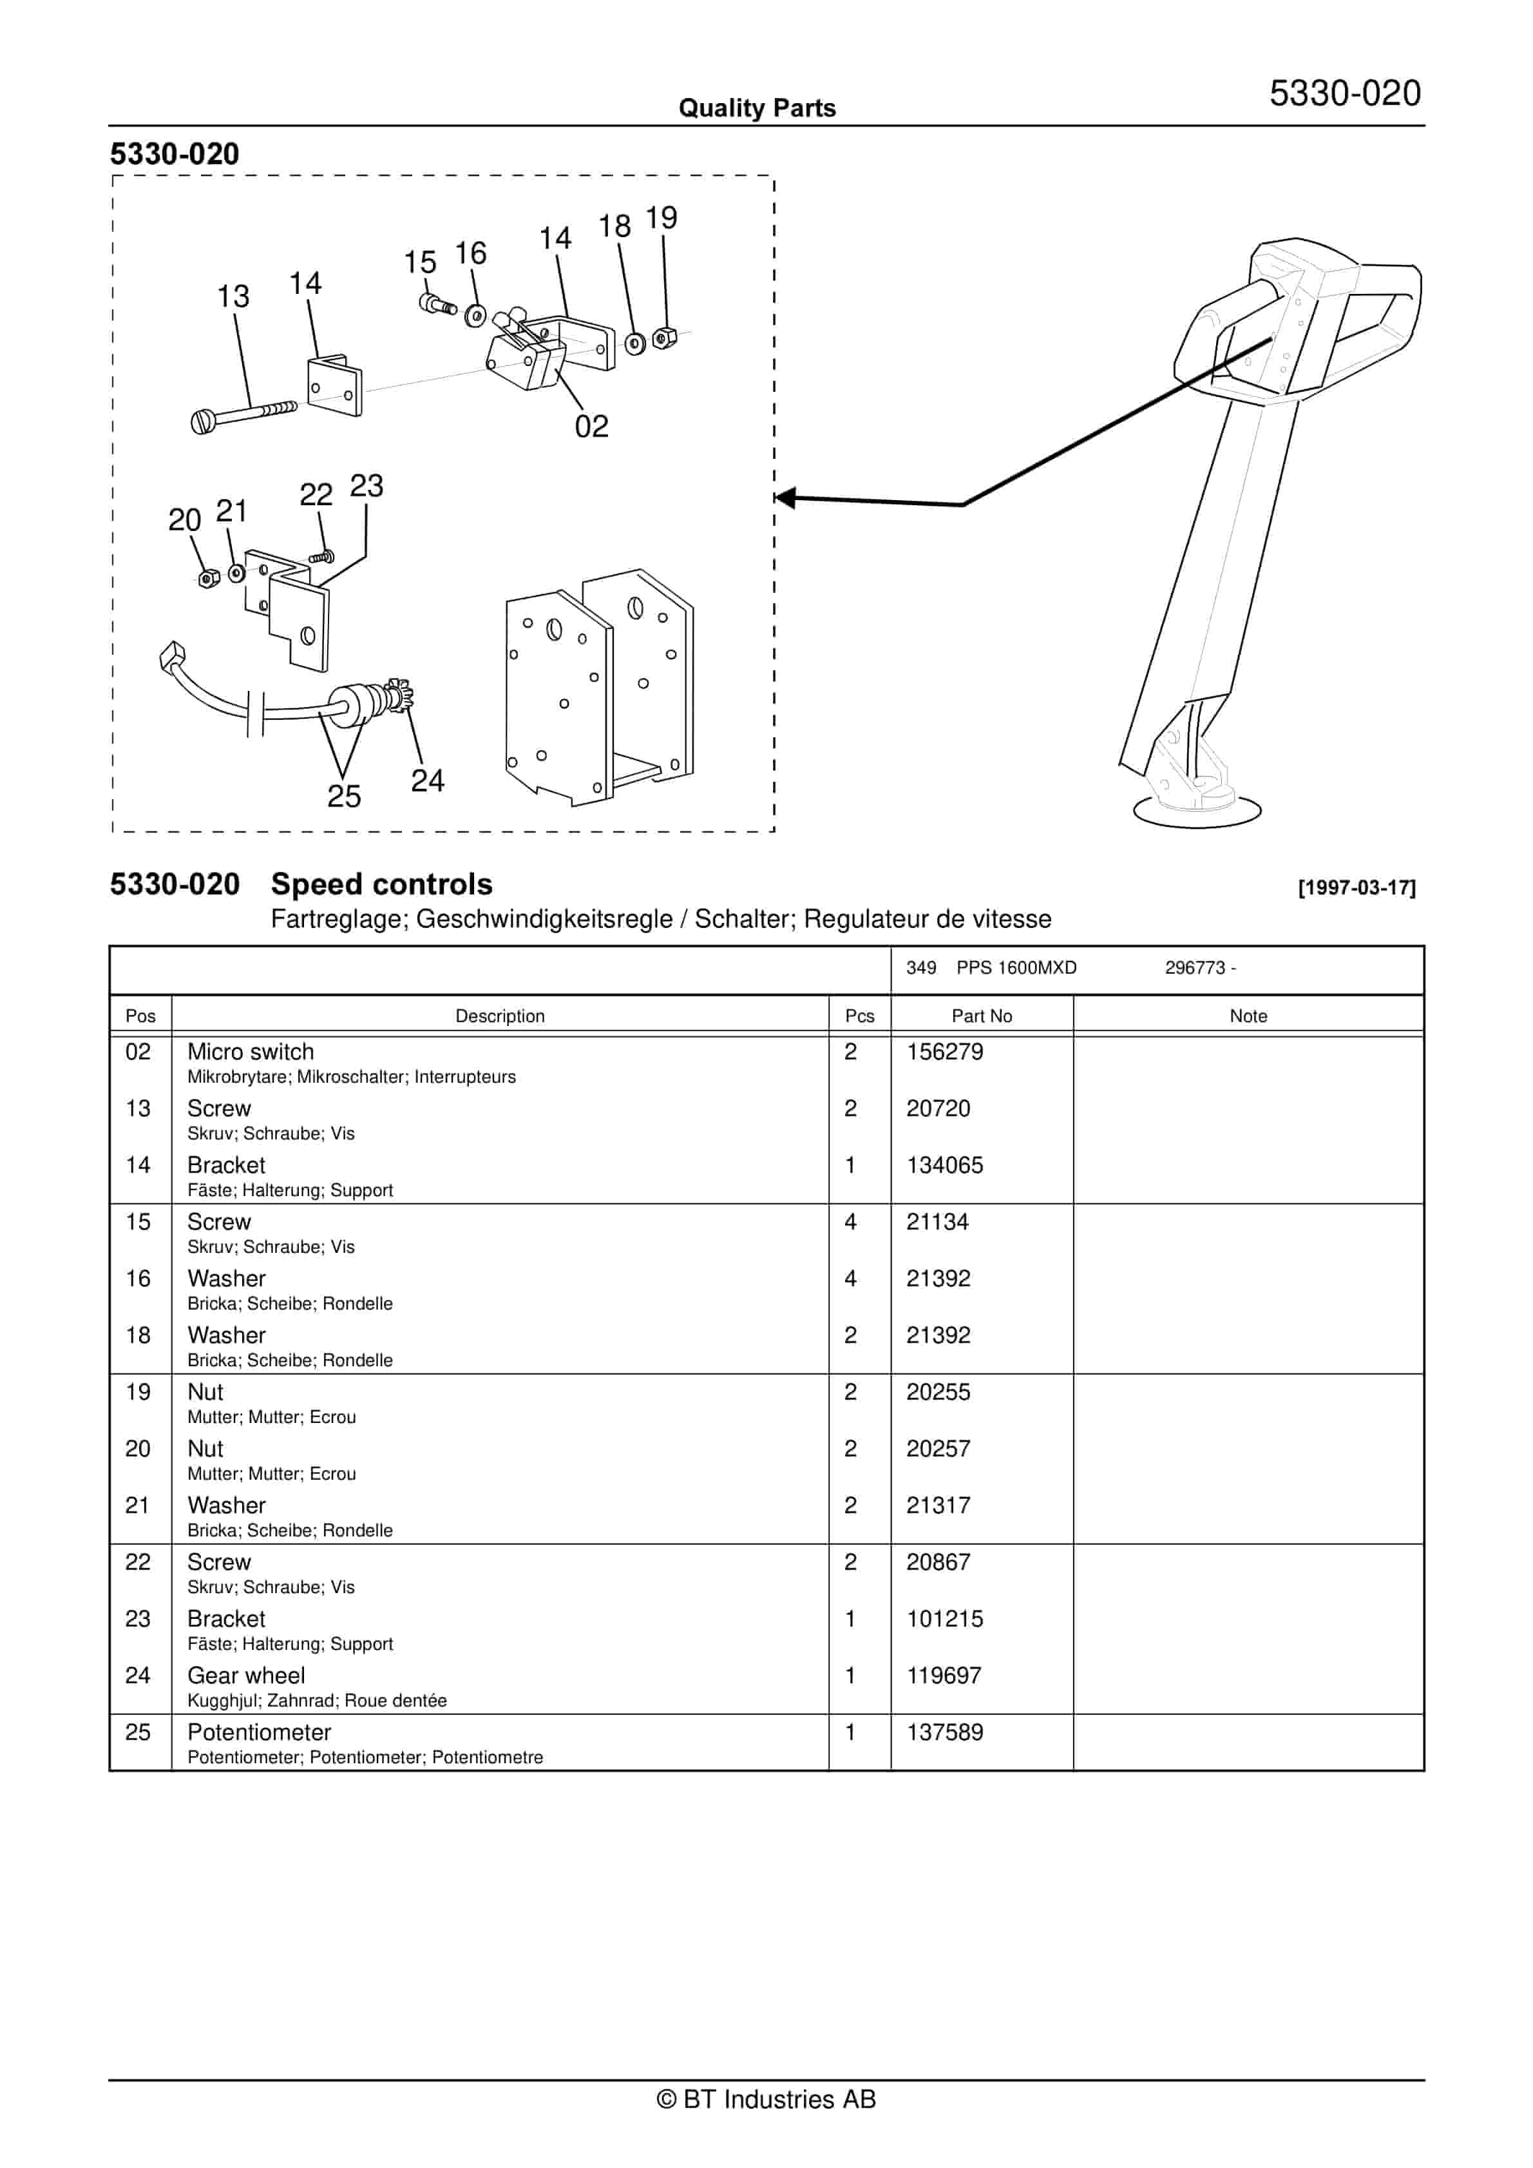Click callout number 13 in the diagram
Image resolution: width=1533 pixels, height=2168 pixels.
(x=233, y=296)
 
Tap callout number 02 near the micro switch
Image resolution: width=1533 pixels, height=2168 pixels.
(x=592, y=427)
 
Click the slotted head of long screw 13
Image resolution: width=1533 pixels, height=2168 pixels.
(x=203, y=422)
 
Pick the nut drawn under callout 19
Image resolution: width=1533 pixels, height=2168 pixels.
(x=665, y=337)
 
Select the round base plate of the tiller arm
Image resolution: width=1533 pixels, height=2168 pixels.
(x=1196, y=810)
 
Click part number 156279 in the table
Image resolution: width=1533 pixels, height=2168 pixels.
(x=945, y=1052)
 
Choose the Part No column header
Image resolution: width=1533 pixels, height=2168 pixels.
(x=981, y=1016)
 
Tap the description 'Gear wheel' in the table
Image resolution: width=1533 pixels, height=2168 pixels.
(x=246, y=1676)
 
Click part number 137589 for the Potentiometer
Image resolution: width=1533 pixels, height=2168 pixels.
(x=945, y=1733)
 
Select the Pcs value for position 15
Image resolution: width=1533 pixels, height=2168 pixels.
(x=850, y=1222)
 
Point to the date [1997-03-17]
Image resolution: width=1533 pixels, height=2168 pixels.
(x=1357, y=887)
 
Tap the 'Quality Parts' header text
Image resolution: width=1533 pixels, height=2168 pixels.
(x=757, y=108)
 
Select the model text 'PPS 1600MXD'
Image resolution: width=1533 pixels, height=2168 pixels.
(x=1016, y=968)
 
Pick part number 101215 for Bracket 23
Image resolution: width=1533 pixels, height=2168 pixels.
(x=945, y=1620)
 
